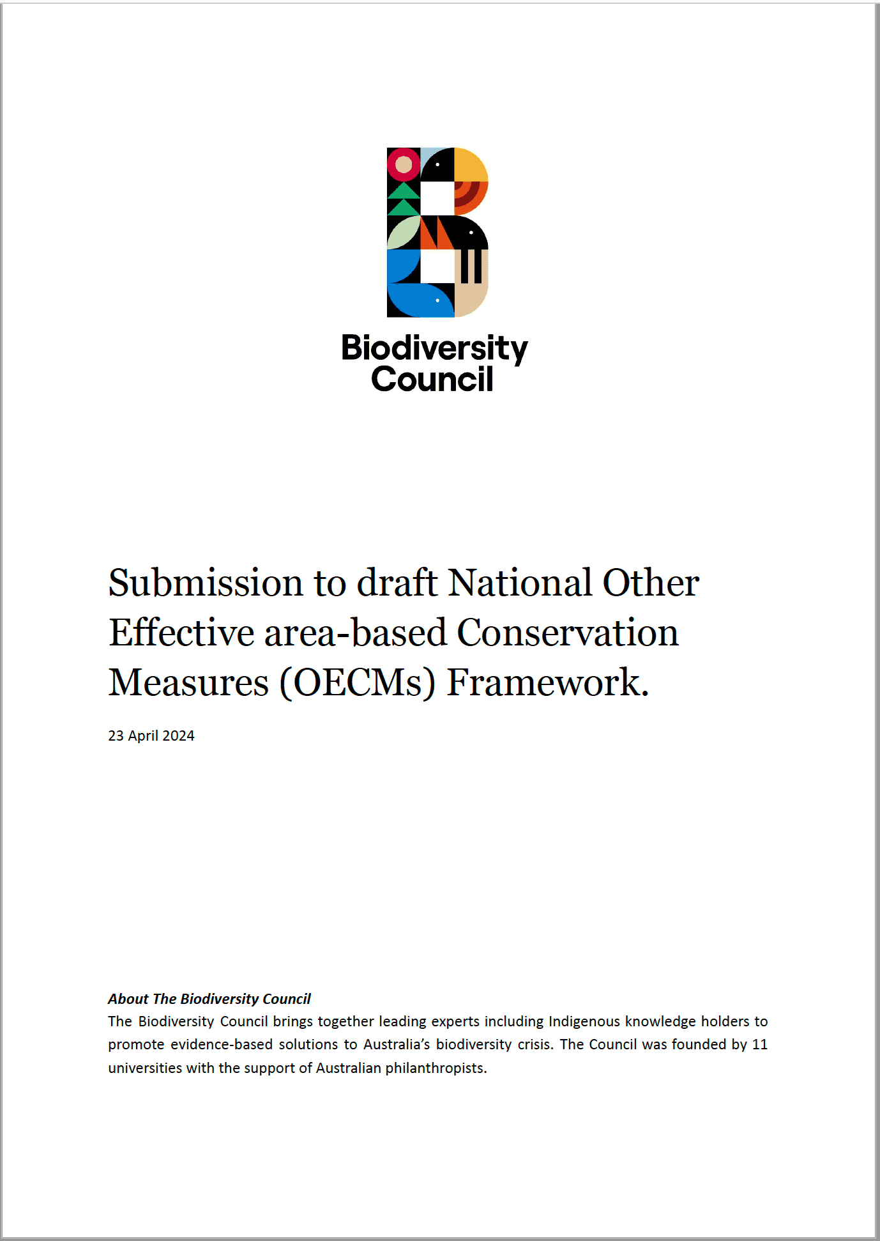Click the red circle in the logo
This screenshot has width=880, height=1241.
click(x=404, y=165)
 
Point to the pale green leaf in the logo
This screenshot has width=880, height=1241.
click(x=403, y=233)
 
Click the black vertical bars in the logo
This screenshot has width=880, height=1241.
click(x=471, y=266)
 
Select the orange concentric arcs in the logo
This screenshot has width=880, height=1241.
click(x=469, y=196)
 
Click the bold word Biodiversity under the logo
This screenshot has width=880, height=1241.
click(x=434, y=349)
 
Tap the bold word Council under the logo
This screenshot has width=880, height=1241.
click(x=432, y=380)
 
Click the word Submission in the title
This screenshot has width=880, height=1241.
click(x=206, y=583)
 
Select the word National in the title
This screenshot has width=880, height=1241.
click(x=520, y=583)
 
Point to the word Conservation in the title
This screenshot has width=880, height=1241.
click(x=567, y=633)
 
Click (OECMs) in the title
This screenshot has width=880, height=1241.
click(x=358, y=682)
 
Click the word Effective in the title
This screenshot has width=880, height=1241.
click(x=181, y=633)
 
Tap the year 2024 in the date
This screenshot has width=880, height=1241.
click(x=179, y=736)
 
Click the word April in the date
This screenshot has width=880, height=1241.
click(x=143, y=736)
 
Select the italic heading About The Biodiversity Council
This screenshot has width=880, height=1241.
click(x=209, y=999)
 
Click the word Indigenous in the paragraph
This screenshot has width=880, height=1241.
click(x=584, y=1021)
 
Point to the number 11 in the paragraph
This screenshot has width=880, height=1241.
click(x=759, y=1044)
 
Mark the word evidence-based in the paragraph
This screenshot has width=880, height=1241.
click(x=222, y=1044)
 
